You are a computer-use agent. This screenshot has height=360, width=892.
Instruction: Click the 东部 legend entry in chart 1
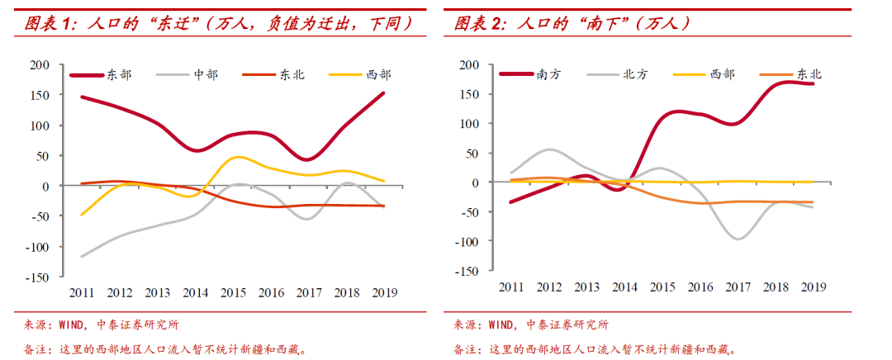click(118, 75)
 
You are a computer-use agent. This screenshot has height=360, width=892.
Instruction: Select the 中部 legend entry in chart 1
click(206, 75)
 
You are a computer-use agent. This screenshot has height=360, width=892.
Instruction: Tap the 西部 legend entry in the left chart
click(378, 75)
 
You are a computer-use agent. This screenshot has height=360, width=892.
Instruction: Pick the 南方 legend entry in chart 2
click(549, 74)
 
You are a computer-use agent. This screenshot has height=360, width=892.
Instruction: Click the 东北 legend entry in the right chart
click(809, 74)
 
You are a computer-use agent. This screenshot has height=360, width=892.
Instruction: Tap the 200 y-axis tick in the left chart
click(40, 64)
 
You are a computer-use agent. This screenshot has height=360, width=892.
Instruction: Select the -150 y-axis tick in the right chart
click(467, 270)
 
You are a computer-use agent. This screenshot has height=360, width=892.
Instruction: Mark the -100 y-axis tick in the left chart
click(38, 246)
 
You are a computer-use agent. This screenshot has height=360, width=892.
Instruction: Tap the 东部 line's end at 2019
click(383, 92)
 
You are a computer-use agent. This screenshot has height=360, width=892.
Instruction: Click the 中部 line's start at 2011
click(82, 257)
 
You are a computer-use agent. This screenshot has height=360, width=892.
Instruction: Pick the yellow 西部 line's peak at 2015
click(236, 157)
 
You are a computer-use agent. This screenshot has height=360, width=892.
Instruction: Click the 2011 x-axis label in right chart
click(510, 287)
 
